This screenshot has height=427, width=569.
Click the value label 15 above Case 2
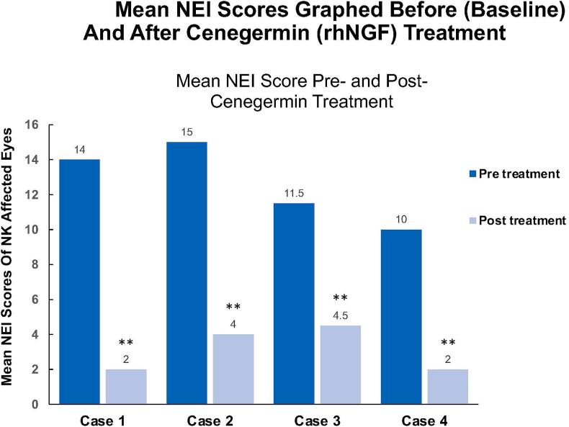[x=187, y=132]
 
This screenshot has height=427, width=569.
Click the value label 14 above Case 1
[x=80, y=150]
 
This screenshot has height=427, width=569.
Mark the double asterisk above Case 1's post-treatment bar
[x=125, y=343]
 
